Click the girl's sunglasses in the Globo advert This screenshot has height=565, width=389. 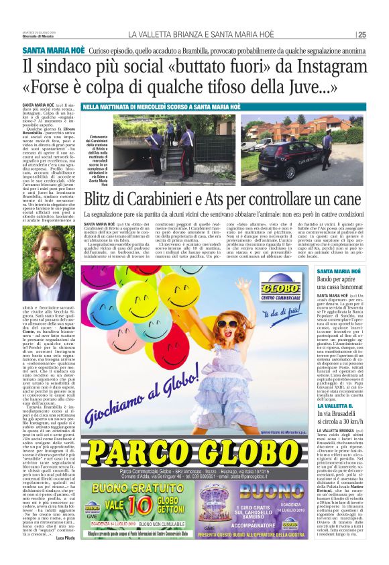pyautogui.click(x=229, y=325)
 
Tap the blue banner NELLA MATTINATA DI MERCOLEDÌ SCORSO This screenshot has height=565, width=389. pyautogui.click(x=162, y=107)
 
